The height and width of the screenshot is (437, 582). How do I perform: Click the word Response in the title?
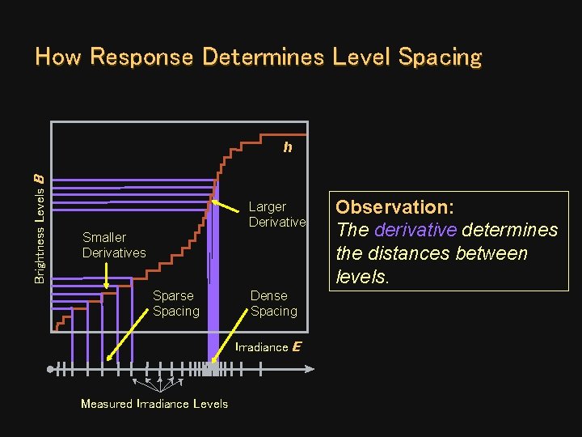(x=141, y=57)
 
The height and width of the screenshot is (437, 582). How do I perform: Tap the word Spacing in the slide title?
(x=441, y=57)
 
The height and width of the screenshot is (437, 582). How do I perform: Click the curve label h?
(x=287, y=147)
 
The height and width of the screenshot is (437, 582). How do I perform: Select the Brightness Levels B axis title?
(x=40, y=229)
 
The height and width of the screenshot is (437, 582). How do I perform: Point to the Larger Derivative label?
(x=277, y=214)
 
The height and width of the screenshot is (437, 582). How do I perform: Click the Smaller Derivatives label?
(x=114, y=245)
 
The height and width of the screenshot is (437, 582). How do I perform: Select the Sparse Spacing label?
(x=175, y=303)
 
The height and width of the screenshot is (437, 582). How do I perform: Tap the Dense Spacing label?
(x=273, y=303)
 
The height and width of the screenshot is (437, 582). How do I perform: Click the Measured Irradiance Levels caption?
(x=154, y=404)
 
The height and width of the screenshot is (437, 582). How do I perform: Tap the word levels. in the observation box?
(x=362, y=278)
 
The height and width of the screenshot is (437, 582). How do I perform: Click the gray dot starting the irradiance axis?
(x=51, y=369)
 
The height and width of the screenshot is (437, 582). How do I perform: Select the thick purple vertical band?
(x=213, y=283)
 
